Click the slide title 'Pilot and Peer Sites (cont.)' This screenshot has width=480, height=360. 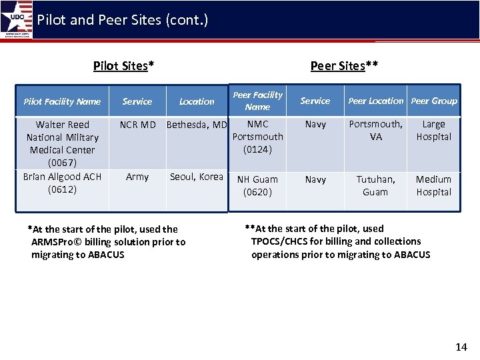coord(123,20)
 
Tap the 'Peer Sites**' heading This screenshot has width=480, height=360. coord(344,65)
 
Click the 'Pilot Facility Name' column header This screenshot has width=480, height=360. coord(62,101)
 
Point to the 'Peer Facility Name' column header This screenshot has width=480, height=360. coord(257,101)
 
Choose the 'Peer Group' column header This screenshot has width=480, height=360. coord(434,101)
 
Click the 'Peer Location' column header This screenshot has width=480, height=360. coord(376,101)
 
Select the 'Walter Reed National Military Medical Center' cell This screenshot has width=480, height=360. coord(62,143)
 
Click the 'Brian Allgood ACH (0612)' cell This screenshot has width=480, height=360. coord(62,183)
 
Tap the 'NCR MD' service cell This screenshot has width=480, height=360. coord(137,125)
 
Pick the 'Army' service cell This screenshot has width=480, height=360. coord(137,177)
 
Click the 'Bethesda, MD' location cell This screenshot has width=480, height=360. coord(197,125)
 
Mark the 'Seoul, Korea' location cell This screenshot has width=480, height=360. coord(197,177)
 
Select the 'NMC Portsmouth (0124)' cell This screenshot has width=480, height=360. coord(257,137)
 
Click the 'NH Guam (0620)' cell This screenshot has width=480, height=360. coord(257,185)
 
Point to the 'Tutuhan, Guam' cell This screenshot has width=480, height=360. coord(375,185)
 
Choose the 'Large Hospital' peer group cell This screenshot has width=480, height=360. coord(433,131)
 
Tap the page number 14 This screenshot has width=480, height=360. coord(461,347)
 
